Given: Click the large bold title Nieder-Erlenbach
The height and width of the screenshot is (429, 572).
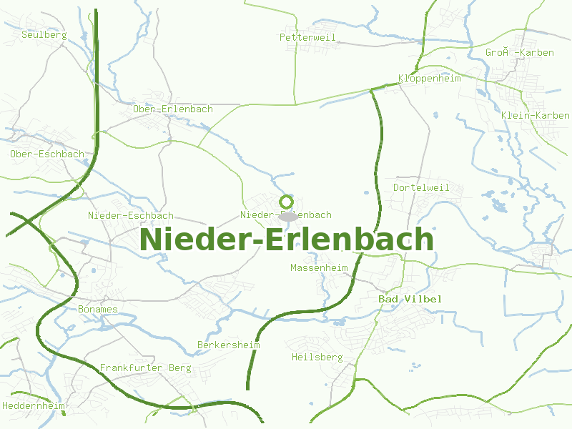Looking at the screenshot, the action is [286, 239].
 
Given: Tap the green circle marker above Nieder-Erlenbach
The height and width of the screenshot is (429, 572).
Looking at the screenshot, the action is [287, 201].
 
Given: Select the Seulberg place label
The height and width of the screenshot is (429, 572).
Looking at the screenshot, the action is [44, 34].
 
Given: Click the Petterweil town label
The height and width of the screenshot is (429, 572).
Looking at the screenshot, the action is [307, 37].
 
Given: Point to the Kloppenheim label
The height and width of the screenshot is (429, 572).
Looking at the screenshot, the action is [429, 79].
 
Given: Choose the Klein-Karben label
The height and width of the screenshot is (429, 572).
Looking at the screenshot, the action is [535, 116].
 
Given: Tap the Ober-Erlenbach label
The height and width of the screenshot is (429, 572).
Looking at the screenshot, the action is [173, 109].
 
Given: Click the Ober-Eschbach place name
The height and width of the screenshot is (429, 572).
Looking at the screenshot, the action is [47, 154].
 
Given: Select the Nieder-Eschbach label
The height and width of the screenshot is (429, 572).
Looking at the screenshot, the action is [130, 215].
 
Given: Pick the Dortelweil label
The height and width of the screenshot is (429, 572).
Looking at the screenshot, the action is [421, 187].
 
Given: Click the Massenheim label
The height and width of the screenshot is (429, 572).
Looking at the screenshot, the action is [319, 268].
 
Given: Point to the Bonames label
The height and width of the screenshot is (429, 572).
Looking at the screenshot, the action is [97, 310].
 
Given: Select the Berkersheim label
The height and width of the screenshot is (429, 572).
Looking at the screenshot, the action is [228, 345].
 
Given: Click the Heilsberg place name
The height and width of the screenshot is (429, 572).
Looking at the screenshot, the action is [317, 357].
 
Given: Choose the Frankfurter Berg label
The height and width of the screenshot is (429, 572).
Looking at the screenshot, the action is [145, 368].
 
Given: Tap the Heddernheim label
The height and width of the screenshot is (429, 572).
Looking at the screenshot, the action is [34, 405].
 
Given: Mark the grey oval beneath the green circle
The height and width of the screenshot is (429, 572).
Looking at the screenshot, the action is [288, 216].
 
